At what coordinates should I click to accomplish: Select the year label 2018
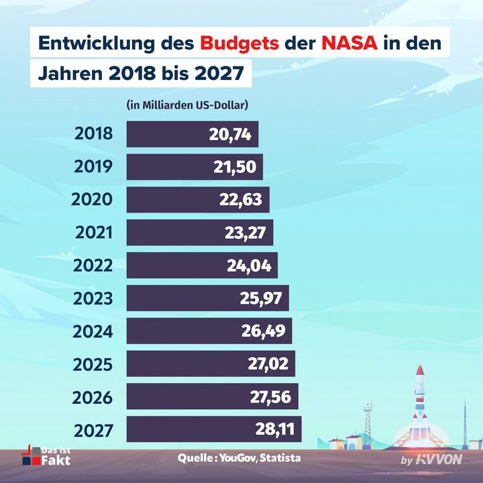point(94,134)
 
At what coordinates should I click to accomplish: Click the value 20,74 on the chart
point(230,134)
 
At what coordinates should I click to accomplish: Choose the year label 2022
point(94,266)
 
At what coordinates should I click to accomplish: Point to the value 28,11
point(274,429)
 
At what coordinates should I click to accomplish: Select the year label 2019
point(94,167)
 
